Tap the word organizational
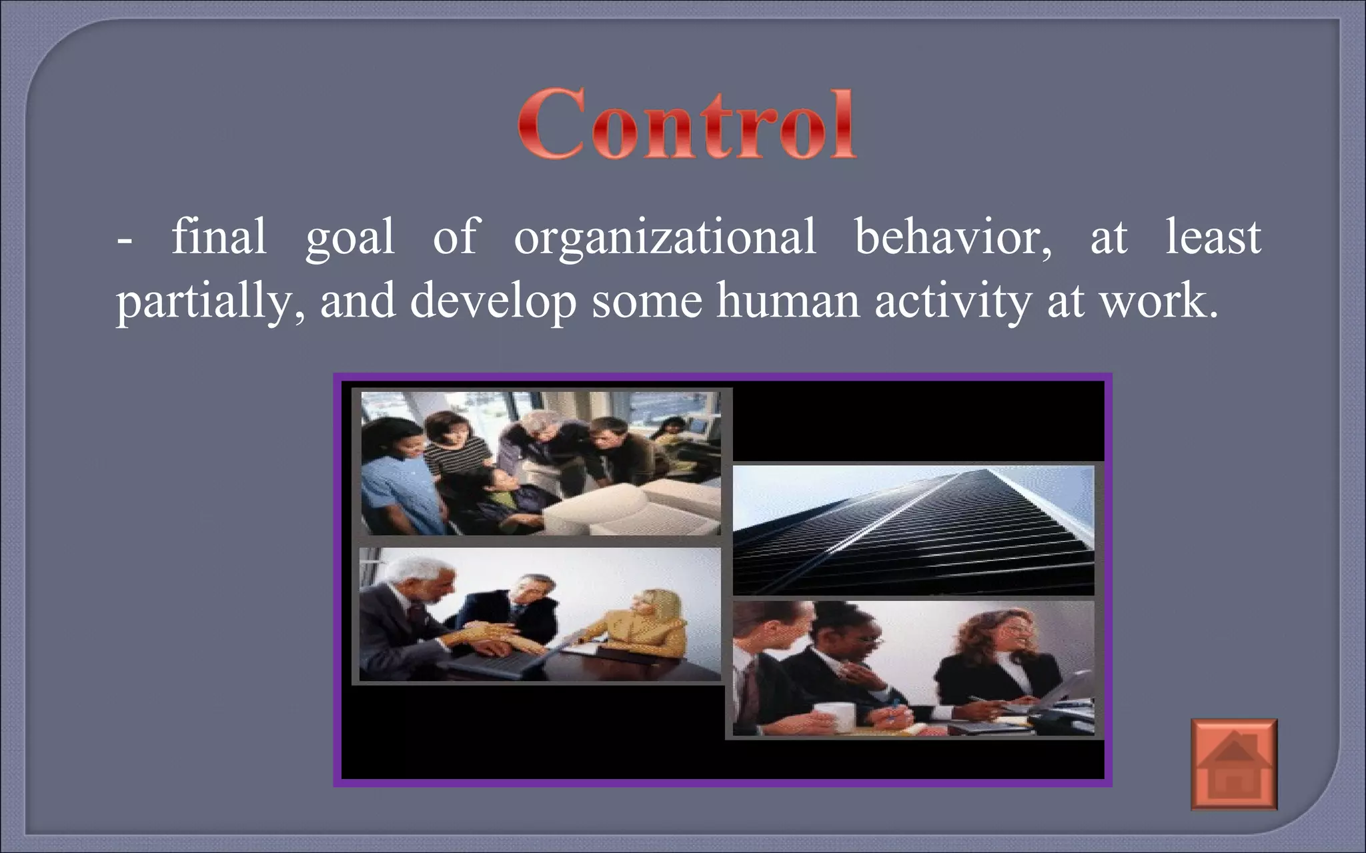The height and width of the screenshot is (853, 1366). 664,237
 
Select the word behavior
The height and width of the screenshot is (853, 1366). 952,237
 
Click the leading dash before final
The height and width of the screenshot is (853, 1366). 124,241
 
